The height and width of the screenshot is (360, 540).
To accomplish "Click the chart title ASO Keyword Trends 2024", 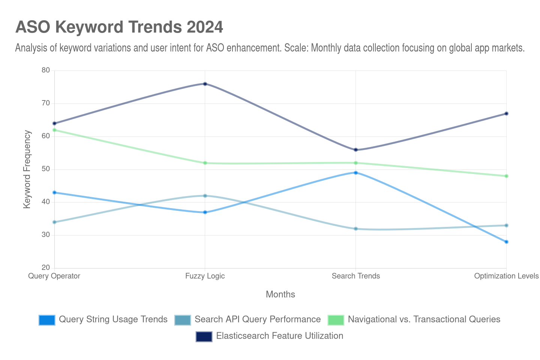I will [x=119, y=27].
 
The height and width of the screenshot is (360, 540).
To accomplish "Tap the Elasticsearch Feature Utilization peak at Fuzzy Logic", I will [x=205, y=84].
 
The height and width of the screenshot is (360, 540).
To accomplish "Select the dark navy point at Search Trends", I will [x=356, y=150].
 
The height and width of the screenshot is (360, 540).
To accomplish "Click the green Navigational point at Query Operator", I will [x=54, y=130].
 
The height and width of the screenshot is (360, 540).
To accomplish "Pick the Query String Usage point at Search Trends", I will [x=356, y=172].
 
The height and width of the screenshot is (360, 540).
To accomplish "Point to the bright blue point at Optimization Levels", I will [x=506, y=242].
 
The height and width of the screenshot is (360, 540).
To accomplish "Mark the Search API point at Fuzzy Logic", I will [x=205, y=196].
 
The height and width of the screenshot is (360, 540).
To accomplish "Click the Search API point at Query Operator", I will [x=54, y=222].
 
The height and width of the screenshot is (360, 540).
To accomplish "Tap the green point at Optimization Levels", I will [x=506, y=176].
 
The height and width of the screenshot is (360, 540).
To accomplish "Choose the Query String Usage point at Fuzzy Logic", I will [x=205, y=212].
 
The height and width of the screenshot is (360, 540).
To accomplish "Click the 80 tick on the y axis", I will [x=46, y=70].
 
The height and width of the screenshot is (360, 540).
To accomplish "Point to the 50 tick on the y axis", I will [x=46, y=169].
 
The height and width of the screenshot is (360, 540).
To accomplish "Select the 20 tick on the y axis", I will [x=46, y=267].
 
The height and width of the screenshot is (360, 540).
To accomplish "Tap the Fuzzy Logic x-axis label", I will [x=205, y=276].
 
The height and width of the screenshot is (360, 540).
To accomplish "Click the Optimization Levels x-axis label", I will [x=506, y=276].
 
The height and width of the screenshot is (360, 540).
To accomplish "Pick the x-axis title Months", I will [x=280, y=294].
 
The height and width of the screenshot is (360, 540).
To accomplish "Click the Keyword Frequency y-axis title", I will [x=27, y=169].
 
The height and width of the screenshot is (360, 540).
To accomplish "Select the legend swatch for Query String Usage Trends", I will [x=47, y=320].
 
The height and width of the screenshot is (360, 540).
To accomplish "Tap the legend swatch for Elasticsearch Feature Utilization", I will [x=204, y=336].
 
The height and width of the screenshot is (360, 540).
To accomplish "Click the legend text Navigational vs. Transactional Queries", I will [x=424, y=319].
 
